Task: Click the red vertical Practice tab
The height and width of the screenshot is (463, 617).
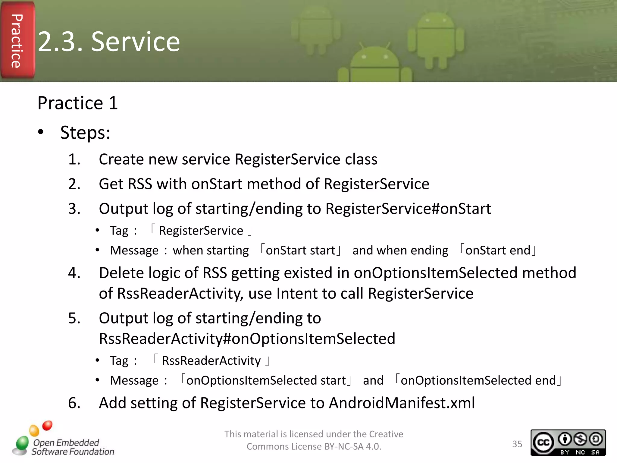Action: pos(17,41)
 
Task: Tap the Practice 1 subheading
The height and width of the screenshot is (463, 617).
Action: pos(77,103)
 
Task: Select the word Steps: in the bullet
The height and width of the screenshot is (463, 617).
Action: pos(85,133)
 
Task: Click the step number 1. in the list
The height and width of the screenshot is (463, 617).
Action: pos(74,159)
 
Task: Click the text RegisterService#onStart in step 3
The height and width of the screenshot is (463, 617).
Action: pos(408,209)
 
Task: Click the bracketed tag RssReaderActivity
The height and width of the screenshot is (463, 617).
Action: pos(211,361)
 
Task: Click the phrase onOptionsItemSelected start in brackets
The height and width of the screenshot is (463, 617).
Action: pos(266,380)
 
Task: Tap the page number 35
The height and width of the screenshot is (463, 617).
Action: pos(517,444)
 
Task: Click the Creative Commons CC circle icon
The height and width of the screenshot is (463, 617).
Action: pos(543,442)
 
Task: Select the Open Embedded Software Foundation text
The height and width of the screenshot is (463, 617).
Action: pos(72,447)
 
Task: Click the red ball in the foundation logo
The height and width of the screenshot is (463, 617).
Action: pos(47,426)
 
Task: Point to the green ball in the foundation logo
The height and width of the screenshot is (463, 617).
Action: pos(22,443)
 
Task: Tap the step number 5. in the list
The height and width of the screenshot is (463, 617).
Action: pos(74,318)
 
